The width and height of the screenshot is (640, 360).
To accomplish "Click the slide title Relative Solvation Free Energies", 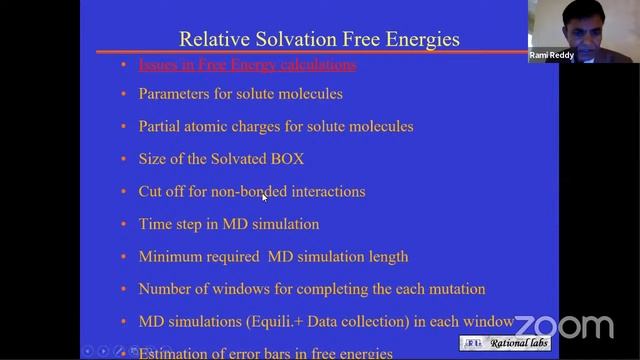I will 318,39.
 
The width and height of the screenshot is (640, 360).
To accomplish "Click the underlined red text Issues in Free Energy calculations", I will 246,65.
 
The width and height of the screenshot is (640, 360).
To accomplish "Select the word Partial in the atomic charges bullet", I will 161,127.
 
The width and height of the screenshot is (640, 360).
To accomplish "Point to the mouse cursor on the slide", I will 264,197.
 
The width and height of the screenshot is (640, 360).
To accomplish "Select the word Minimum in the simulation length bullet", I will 171,256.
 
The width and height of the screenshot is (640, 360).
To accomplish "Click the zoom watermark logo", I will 564,326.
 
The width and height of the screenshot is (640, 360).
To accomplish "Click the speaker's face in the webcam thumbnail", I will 549,22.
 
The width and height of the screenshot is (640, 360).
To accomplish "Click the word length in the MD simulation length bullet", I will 388,256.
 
